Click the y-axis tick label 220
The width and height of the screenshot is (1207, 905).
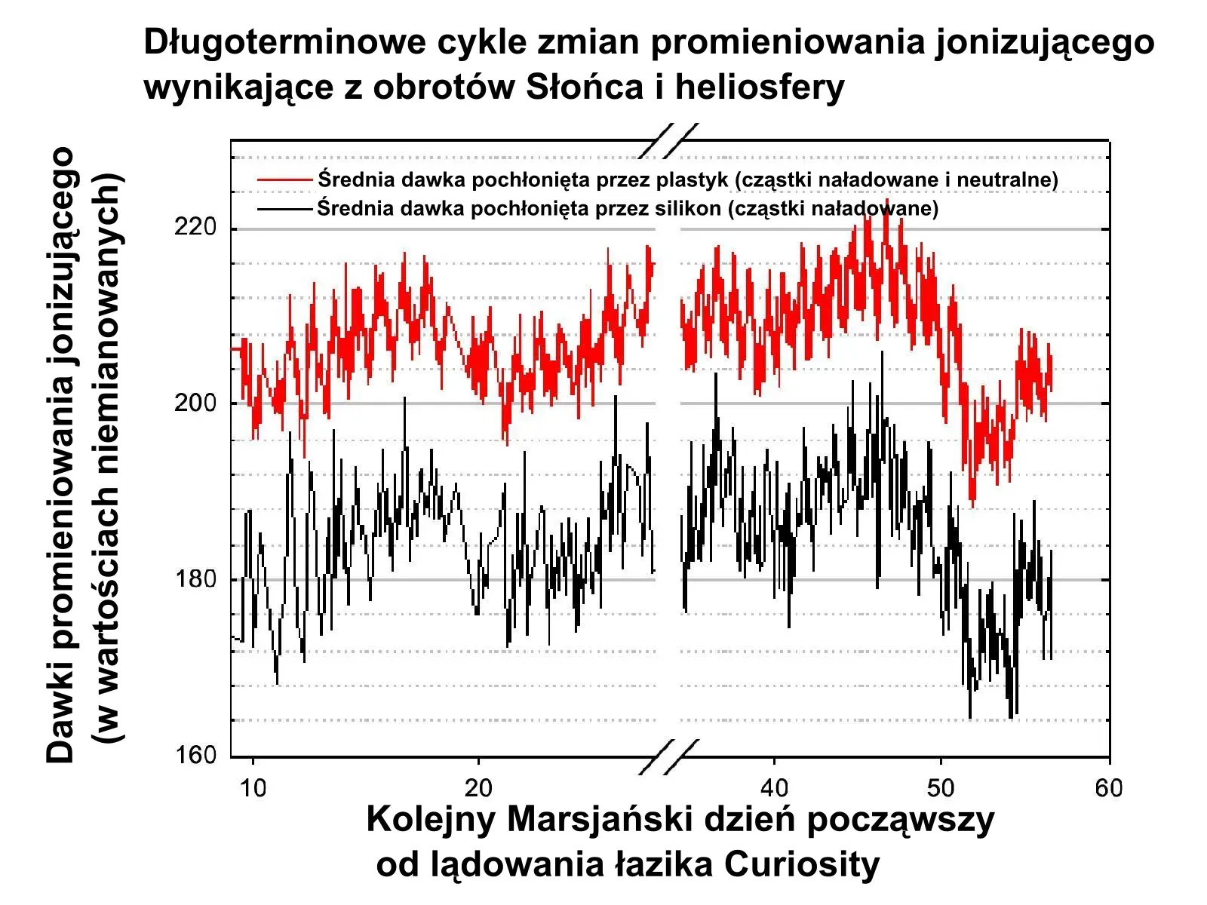click(x=195, y=227)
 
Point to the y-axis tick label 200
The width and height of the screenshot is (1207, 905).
click(x=195, y=403)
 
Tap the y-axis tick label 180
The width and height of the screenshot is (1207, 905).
click(x=195, y=579)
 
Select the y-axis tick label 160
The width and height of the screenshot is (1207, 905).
click(x=195, y=755)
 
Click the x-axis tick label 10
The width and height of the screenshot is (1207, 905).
click(x=253, y=789)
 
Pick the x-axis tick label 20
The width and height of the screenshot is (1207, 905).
click(x=478, y=789)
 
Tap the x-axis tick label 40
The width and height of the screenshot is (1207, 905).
click(x=774, y=789)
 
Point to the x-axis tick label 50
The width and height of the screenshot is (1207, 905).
click(x=941, y=789)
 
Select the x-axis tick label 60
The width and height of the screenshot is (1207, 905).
click(x=1108, y=789)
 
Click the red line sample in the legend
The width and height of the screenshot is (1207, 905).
click(x=284, y=180)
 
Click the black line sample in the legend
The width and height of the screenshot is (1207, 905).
click(x=284, y=209)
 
